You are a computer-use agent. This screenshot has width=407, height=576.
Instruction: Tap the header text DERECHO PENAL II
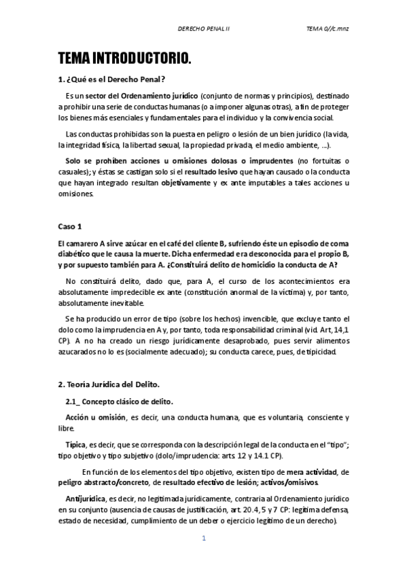[x=203, y=29]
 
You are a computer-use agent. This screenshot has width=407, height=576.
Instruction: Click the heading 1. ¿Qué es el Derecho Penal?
[x=112, y=79]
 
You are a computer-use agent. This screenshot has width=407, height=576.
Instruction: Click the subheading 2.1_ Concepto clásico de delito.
[x=119, y=401]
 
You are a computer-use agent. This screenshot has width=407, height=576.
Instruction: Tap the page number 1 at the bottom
[x=203, y=539]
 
